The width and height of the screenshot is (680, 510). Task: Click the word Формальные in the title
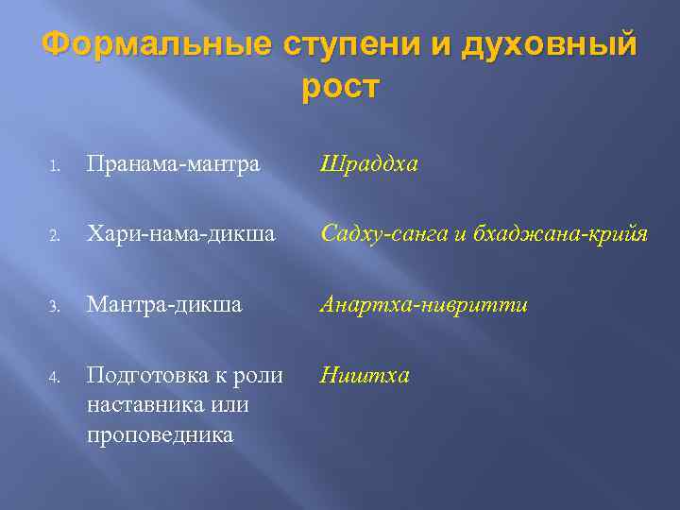(x=156, y=44)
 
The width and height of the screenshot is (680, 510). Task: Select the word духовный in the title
(x=550, y=44)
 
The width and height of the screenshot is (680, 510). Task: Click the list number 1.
(x=56, y=166)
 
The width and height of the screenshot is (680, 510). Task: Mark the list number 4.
(x=56, y=377)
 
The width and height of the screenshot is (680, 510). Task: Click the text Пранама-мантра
(x=173, y=164)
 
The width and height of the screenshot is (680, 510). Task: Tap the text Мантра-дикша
(x=164, y=305)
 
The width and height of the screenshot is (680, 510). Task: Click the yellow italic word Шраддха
(x=368, y=164)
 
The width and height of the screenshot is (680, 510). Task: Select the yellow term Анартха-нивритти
(x=424, y=305)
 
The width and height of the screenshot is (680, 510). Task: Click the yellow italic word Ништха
(x=365, y=376)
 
